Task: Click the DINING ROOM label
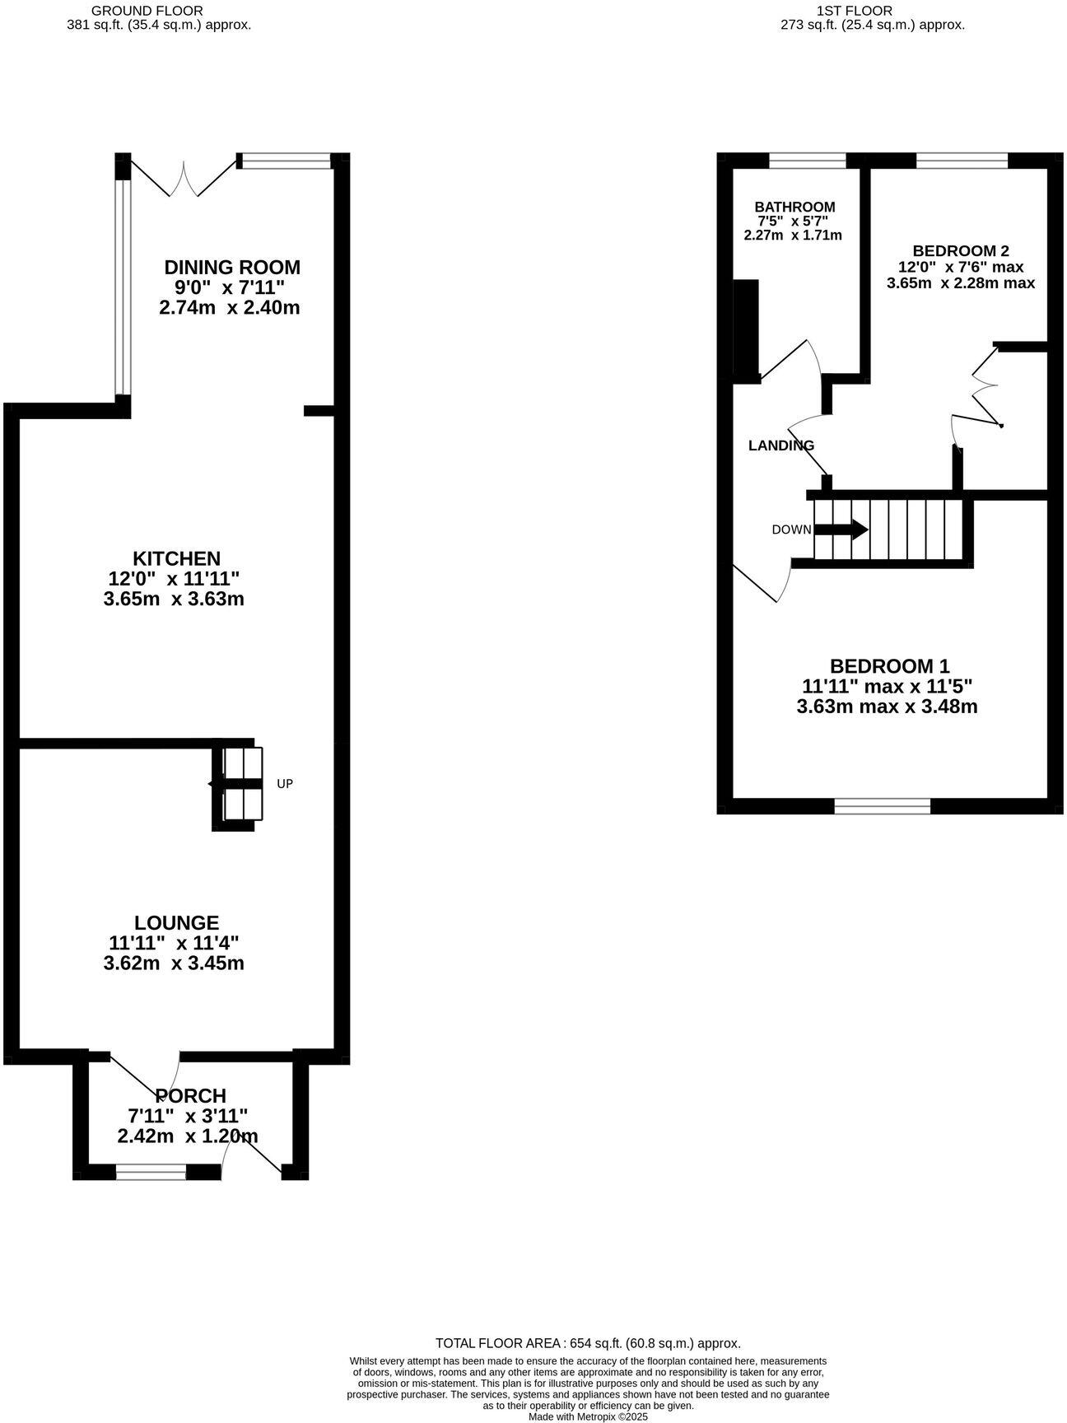tap(232, 268)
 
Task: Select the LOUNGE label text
tap(177, 923)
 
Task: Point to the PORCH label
tap(191, 1096)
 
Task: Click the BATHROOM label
tap(794, 208)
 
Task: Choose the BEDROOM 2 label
tap(961, 251)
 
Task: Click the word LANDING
tap(780, 446)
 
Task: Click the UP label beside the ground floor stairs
tap(285, 784)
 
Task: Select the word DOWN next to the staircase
tap(791, 530)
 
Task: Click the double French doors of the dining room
tap(184, 177)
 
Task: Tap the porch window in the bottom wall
tap(151, 1173)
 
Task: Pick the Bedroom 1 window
tap(882, 806)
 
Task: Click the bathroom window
tap(808, 161)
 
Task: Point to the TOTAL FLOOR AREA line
tap(588, 1342)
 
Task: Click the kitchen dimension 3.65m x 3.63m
tap(174, 599)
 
